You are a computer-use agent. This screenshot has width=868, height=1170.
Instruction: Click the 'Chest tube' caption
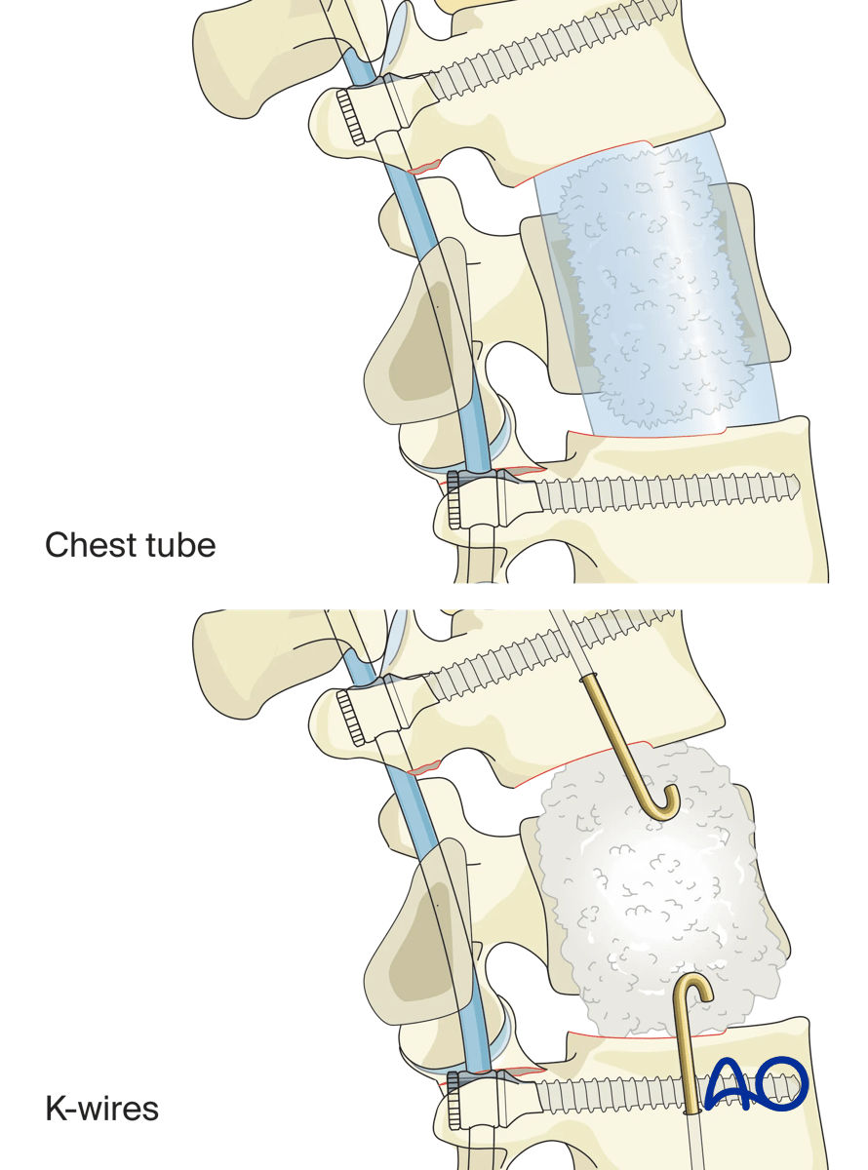click(130, 544)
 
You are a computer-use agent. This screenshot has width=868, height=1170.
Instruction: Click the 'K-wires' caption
click(101, 1109)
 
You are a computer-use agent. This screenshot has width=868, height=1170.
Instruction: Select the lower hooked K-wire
click(687, 1043)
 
